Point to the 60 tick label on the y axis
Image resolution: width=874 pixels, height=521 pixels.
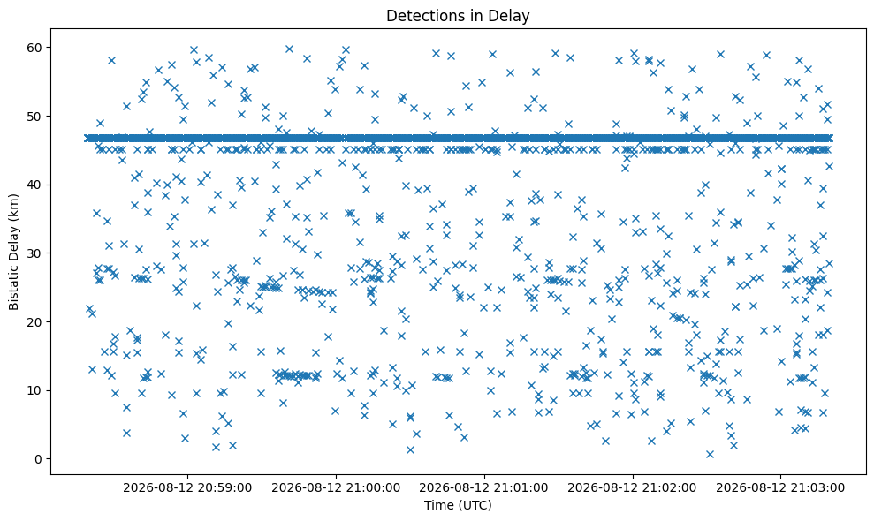pyautogui.click(x=34, y=48)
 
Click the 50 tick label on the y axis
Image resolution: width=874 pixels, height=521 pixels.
pyautogui.click(x=34, y=116)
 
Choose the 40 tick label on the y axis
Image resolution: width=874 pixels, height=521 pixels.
pyautogui.click(x=34, y=185)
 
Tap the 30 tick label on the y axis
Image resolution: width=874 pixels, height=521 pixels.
pyautogui.click(x=34, y=253)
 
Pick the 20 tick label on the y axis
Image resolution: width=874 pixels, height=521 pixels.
pyautogui.click(x=34, y=321)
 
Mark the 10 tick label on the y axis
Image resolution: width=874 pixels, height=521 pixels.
pyautogui.click(x=34, y=390)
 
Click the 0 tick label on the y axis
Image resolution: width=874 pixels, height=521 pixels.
pyautogui.click(x=39, y=458)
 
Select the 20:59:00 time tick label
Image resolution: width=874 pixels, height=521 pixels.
pyautogui.click(x=187, y=488)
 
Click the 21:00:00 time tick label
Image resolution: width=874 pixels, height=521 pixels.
pyautogui.click(x=336, y=488)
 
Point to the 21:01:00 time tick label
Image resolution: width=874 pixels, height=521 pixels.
pyautogui.click(x=483, y=488)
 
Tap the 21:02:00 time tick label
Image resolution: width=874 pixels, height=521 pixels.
pyautogui.click(x=632, y=488)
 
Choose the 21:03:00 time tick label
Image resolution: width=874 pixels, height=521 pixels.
pyautogui.click(x=780, y=488)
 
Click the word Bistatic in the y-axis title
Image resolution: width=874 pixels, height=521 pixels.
pyautogui.click(x=14, y=284)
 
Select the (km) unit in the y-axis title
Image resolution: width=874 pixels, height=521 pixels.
pyautogui.click(x=14, y=207)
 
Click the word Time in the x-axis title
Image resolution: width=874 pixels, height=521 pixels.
pyautogui.click(x=438, y=505)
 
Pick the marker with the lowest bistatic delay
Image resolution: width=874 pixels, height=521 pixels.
pyautogui.click(x=710, y=454)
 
